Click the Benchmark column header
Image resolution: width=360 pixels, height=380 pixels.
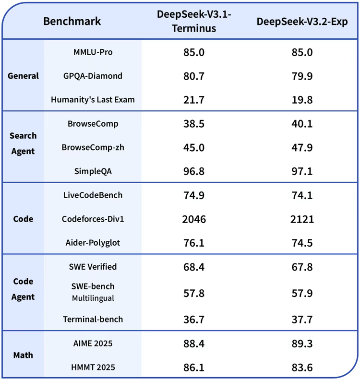coord(72,21)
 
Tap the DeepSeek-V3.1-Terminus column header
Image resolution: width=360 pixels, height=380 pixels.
coord(194,21)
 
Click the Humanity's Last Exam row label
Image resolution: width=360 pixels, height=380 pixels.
coord(93,100)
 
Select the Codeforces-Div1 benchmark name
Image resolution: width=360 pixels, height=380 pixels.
coord(93,219)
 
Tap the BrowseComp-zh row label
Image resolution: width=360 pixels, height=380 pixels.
coord(93,147)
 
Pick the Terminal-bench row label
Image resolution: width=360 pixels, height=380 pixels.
coord(93,319)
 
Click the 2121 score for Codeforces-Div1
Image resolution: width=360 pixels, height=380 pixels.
coord(302,219)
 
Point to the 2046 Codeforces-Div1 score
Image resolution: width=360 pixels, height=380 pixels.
coord(194,219)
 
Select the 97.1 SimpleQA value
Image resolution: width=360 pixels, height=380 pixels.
coord(302,171)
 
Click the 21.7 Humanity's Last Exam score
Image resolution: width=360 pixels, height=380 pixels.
coord(194,100)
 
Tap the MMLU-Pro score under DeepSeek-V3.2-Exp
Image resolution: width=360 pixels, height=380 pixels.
coord(302,52)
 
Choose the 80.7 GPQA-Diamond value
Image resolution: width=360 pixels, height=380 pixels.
coord(194,76)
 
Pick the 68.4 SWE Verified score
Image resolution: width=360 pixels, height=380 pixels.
coord(194,266)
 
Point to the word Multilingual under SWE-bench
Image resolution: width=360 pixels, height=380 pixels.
coord(93,297)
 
